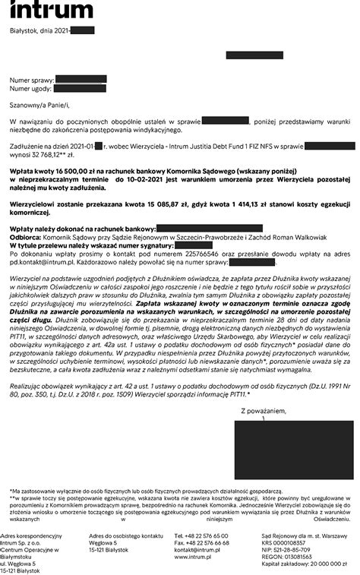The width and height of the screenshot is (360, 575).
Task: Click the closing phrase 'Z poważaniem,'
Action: click(x=263, y=411)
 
